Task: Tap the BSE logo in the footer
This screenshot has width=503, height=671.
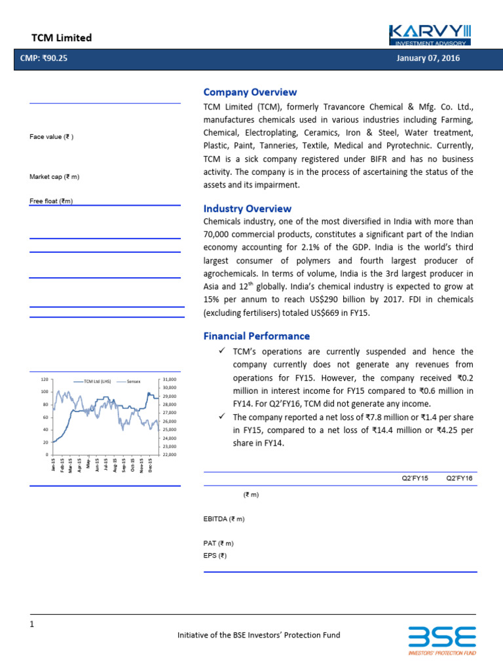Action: (x=442, y=640)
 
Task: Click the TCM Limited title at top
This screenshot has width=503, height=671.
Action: (x=62, y=38)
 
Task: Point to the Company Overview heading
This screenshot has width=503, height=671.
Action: (x=250, y=92)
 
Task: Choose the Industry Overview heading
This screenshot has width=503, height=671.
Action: (x=247, y=208)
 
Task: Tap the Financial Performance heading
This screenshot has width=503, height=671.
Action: (x=256, y=336)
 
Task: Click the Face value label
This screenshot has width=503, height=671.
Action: (x=51, y=137)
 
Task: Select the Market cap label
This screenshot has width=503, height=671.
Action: (x=54, y=177)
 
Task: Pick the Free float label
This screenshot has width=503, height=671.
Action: (x=51, y=201)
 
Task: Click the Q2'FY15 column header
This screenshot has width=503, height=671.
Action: (x=415, y=479)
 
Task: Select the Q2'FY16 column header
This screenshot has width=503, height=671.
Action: (x=459, y=479)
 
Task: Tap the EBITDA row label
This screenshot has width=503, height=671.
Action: (x=224, y=519)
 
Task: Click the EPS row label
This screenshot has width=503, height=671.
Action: (x=215, y=555)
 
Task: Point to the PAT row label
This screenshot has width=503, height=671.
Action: (x=218, y=543)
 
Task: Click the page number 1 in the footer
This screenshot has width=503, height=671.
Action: (x=31, y=624)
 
